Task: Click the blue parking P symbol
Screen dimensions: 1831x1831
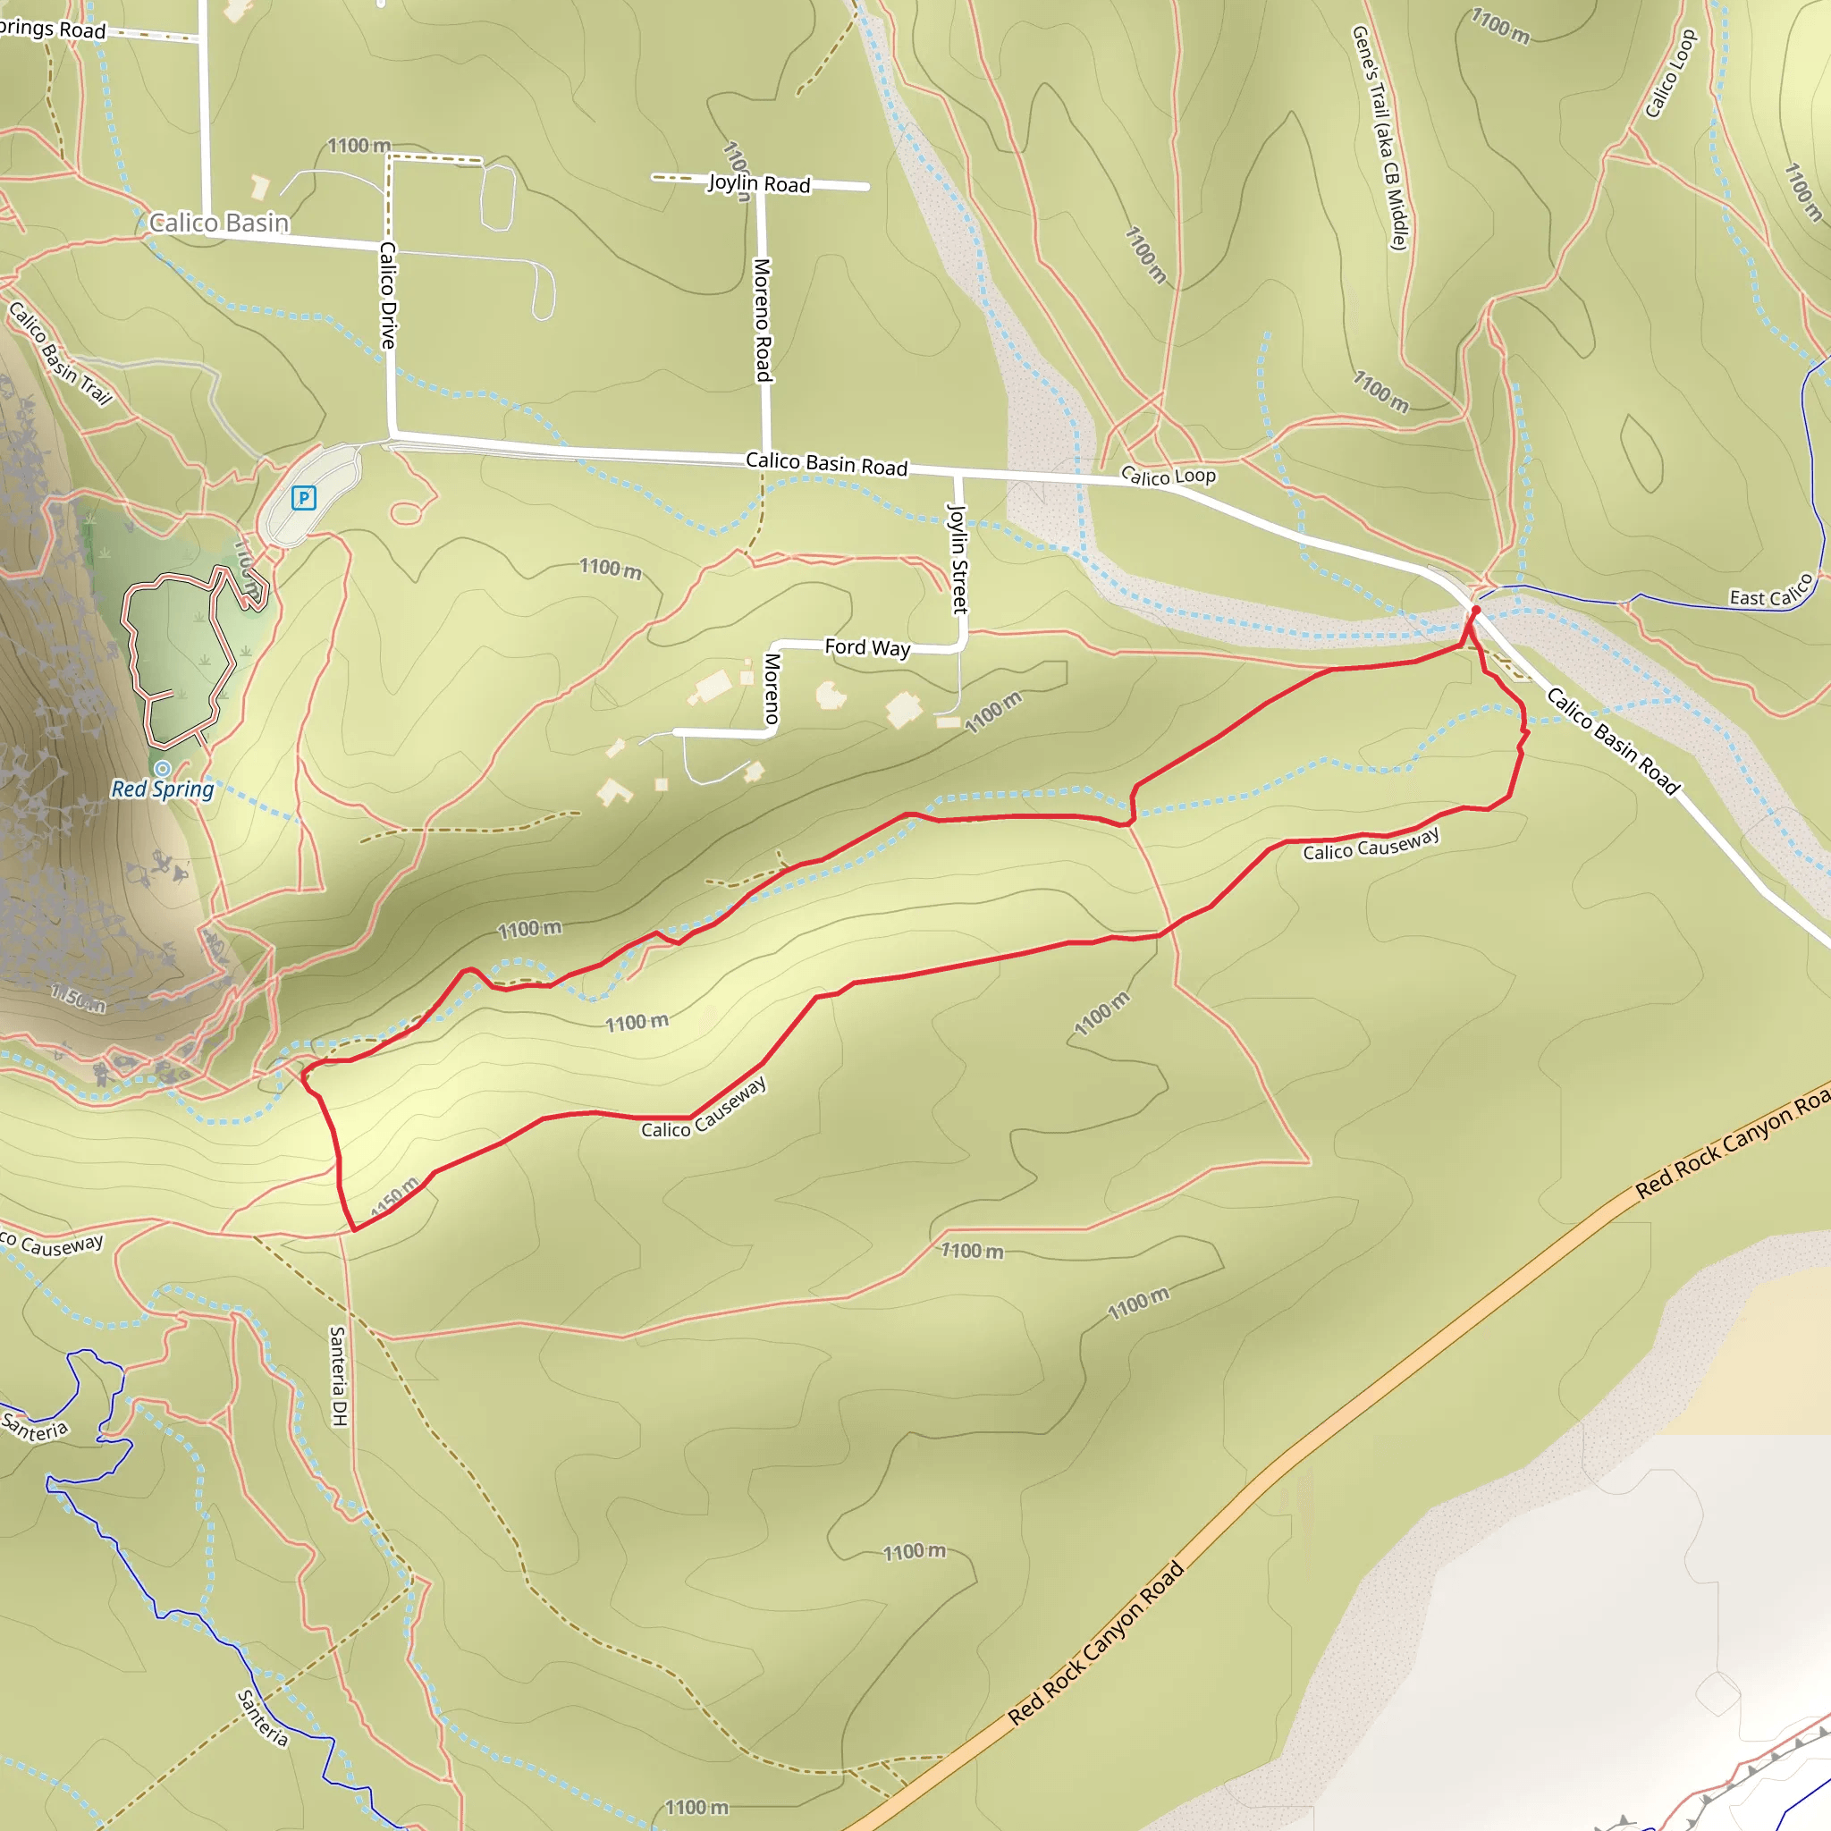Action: click(x=303, y=498)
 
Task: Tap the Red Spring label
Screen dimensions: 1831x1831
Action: click(x=163, y=789)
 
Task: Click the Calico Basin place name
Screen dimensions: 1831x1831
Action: click(x=219, y=223)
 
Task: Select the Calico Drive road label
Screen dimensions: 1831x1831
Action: click(x=388, y=295)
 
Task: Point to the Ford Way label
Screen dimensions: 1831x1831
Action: click(x=866, y=647)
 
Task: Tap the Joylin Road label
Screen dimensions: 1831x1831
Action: click(x=759, y=183)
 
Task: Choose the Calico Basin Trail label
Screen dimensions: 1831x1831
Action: click(x=61, y=353)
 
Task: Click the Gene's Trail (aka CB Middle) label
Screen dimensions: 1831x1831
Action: click(x=1379, y=138)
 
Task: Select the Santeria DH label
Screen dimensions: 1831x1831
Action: click(x=338, y=1375)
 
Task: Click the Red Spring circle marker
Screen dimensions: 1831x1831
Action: click(x=163, y=768)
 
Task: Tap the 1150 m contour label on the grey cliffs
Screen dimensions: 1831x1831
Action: click(x=78, y=998)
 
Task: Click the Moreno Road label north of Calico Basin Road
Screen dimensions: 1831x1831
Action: click(x=763, y=319)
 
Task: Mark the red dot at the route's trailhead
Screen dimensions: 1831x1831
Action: click(x=1474, y=612)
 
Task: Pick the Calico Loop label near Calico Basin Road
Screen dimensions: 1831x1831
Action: click(x=1168, y=476)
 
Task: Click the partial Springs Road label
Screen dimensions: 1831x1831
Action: click(x=52, y=29)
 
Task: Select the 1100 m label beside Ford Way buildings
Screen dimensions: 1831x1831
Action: click(x=993, y=712)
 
